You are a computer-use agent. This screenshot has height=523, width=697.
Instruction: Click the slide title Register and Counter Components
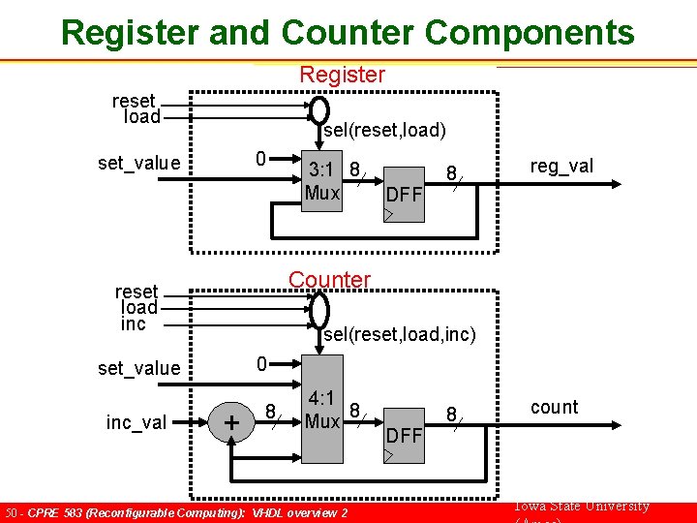click(348, 32)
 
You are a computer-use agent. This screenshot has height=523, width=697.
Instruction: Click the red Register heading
click(342, 75)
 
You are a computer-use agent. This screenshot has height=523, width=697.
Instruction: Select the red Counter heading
click(329, 280)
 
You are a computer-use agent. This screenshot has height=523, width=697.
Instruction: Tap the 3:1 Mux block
click(322, 180)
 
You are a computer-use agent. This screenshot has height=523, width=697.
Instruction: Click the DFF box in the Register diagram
click(404, 194)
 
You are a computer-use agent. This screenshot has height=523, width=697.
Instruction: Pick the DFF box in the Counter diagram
click(404, 434)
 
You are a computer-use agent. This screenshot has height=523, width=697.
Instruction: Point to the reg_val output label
click(561, 167)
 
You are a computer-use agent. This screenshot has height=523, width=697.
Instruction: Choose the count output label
click(554, 407)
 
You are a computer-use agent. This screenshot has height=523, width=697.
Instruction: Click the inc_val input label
click(136, 422)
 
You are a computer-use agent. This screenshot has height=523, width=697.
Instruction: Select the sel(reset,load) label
click(384, 130)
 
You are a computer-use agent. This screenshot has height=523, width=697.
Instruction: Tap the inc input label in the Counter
click(134, 323)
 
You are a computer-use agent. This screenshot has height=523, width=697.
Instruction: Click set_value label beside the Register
click(139, 163)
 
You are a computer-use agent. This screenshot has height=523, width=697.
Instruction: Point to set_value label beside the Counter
click(139, 368)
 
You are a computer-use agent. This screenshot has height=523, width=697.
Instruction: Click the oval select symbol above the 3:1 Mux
click(319, 110)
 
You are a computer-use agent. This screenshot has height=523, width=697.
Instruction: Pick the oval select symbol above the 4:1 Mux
click(319, 310)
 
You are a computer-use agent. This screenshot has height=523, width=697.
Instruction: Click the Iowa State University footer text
click(582, 507)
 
